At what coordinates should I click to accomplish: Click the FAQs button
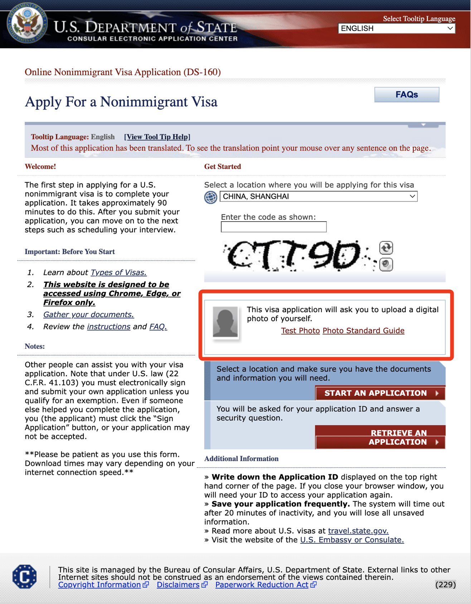pos(407,95)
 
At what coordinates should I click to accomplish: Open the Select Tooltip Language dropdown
pos(396,28)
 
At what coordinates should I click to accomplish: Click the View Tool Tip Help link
pos(157,137)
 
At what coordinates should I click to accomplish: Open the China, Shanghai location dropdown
pos(318,196)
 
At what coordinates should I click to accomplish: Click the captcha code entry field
pos(273,227)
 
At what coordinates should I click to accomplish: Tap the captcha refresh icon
pos(386,247)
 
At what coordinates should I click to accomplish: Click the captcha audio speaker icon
pos(386,265)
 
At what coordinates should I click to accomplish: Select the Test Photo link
pos(300,330)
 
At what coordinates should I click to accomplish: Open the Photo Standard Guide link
pos(363,330)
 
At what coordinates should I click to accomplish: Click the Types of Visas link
pos(118,272)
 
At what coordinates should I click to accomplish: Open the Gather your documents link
pos(88,314)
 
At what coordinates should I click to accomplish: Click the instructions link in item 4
pos(108,327)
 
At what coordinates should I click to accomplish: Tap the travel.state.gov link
pos(358,531)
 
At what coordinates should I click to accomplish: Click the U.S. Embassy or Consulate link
pos(352,540)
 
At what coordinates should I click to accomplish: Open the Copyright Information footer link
pos(99,585)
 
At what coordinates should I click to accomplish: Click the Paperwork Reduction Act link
pos(262,585)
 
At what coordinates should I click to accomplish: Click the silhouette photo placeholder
pos(225,322)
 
